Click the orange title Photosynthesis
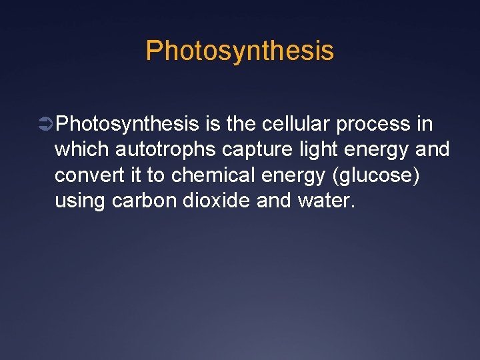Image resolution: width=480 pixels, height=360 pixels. [x=239, y=51]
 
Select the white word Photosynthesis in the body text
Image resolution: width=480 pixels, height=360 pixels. [x=127, y=124]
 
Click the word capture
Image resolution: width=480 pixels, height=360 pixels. [x=257, y=150]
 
